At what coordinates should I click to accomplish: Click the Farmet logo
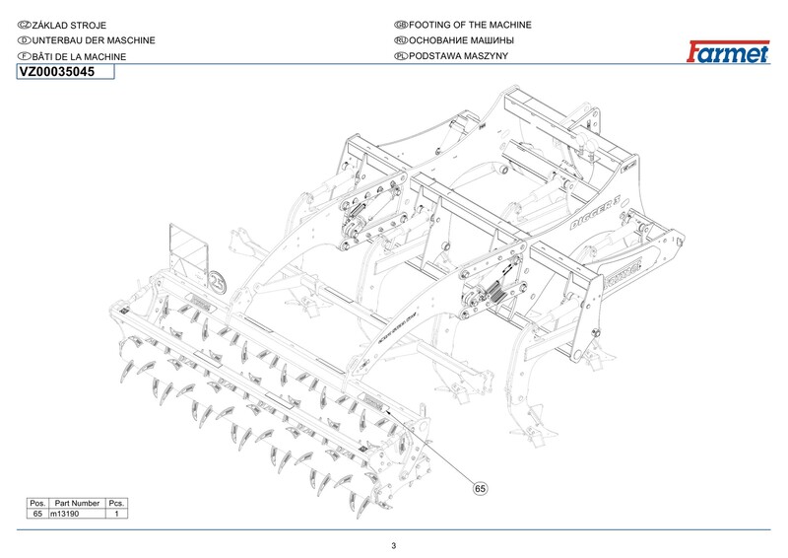[x=727, y=52]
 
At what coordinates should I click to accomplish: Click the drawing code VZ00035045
[x=57, y=72]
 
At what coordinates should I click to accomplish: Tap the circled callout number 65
[x=481, y=487]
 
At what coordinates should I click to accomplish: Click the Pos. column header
[x=38, y=503]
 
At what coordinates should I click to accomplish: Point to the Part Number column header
[x=78, y=503]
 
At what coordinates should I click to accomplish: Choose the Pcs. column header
[x=117, y=503]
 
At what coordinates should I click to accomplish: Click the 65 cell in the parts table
[x=38, y=514]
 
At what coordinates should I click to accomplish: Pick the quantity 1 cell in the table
[x=117, y=514]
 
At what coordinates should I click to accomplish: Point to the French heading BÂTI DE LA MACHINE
[x=79, y=57]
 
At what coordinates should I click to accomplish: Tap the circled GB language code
[x=400, y=24]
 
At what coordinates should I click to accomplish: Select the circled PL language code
[x=400, y=57]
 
